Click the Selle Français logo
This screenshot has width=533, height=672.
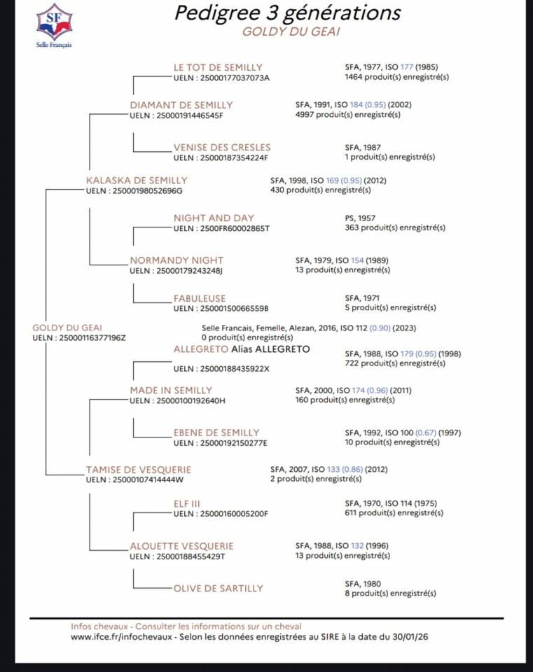coord(54,23)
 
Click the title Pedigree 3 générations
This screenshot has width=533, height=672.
coord(287,13)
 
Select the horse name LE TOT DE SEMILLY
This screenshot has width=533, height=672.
coord(218,67)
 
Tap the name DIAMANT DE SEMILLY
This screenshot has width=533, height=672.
coord(181,105)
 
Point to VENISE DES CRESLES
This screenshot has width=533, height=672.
coord(222,148)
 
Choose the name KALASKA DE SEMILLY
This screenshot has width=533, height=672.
coord(137,180)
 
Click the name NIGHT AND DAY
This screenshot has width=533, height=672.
coord(214,218)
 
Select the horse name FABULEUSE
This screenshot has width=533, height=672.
coord(200,299)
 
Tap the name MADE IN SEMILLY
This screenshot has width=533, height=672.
coord(171,390)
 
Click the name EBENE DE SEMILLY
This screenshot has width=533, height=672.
coord(216,433)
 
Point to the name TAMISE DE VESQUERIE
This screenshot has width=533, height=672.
coord(138,470)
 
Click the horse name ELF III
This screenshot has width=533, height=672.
coord(187,503)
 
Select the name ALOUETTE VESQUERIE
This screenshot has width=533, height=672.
coord(182,546)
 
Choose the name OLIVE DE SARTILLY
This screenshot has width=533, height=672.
coord(219,589)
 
